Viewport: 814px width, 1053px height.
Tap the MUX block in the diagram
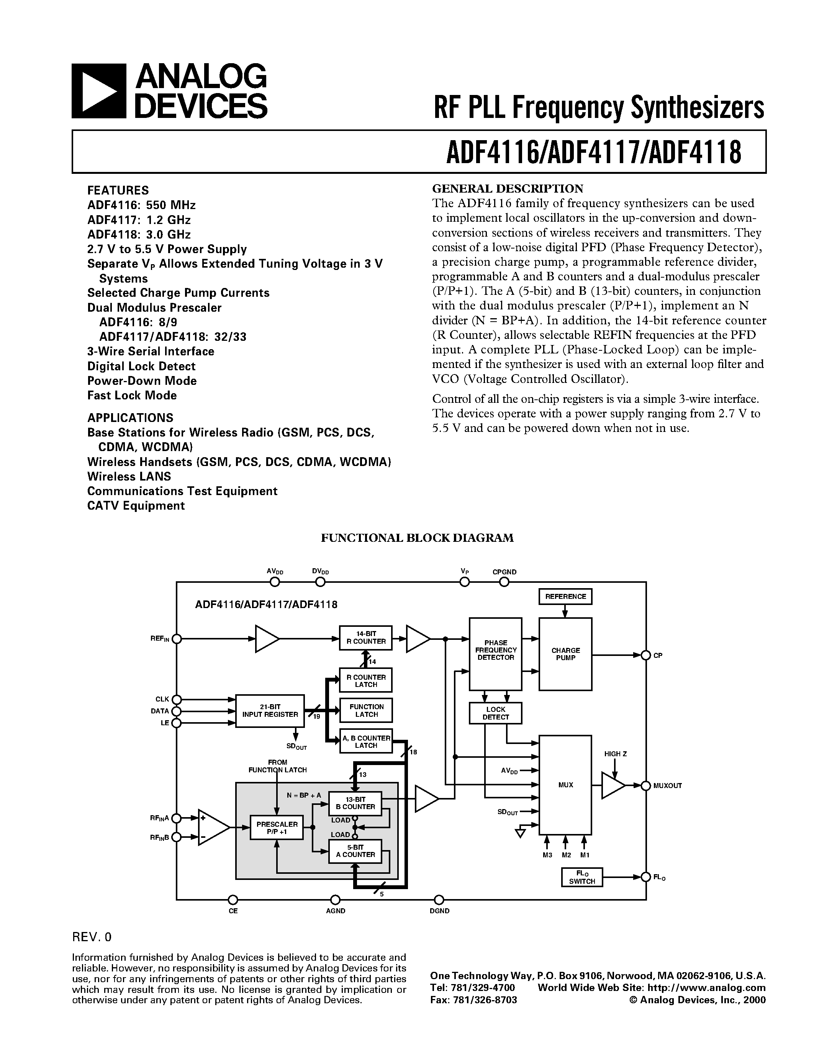[x=565, y=785]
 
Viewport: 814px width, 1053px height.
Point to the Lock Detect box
[x=495, y=713]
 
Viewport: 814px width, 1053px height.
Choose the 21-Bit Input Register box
[x=270, y=711]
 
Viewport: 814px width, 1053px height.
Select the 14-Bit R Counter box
[x=366, y=638]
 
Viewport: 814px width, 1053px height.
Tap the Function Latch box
[x=366, y=710]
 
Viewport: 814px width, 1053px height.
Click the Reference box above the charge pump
[x=565, y=597]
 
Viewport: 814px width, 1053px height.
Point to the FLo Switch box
[x=582, y=877]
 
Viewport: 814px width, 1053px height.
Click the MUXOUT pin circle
[x=646, y=785]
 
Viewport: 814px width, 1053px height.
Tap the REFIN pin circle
[x=177, y=639]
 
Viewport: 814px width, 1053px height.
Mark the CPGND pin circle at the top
[x=504, y=582]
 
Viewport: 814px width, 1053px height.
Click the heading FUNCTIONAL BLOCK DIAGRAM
[x=417, y=538]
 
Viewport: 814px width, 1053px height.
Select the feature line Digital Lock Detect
[x=141, y=366]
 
